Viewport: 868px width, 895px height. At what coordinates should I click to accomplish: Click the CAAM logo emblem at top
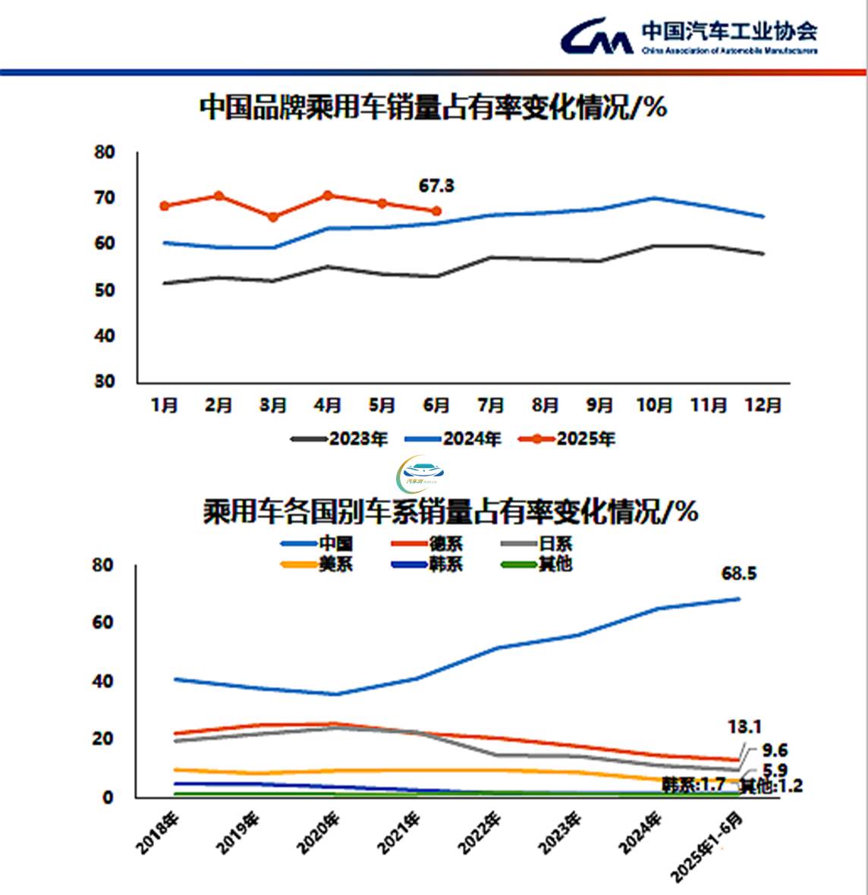(x=597, y=36)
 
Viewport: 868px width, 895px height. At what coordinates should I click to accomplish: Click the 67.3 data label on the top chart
(x=436, y=186)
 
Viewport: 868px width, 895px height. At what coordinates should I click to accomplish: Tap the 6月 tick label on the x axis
(x=436, y=405)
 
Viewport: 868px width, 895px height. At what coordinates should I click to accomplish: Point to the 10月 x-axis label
(x=653, y=405)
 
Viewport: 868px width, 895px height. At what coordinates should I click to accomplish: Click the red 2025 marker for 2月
(x=219, y=196)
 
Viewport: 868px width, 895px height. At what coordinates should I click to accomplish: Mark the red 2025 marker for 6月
(x=436, y=211)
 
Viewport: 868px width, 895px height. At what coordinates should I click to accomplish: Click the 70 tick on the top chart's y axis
(x=105, y=198)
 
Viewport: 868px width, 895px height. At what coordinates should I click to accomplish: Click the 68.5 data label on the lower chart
(x=739, y=573)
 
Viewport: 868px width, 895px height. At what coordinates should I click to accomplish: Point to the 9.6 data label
(x=775, y=751)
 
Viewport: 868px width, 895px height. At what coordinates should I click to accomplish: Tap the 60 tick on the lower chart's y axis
(x=103, y=623)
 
